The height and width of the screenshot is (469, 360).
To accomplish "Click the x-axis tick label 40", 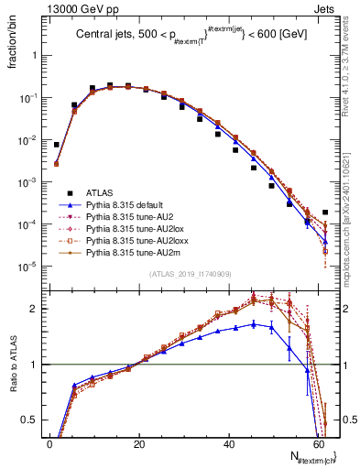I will point(229,444).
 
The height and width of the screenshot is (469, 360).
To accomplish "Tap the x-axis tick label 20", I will point(139,444).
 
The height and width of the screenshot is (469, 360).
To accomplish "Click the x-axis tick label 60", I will point(318,444).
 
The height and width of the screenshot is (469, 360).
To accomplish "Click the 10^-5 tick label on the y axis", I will point(31,267).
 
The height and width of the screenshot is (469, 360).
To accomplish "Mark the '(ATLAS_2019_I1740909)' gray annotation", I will point(189,274).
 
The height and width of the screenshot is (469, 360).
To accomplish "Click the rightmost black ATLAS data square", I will point(325,213).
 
